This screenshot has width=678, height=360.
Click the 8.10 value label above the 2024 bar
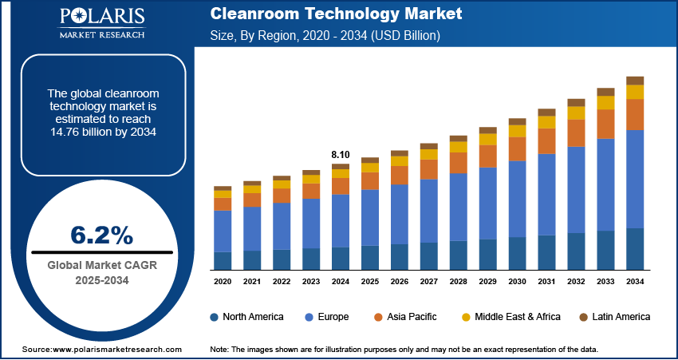click(341, 154)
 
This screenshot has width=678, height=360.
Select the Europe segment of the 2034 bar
click(635, 179)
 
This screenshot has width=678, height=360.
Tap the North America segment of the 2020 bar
click(223, 261)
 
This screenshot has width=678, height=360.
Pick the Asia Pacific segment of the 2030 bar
click(518, 148)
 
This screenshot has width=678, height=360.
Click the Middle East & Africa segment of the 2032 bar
click(576, 113)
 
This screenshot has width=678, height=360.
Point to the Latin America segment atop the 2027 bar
click(429, 146)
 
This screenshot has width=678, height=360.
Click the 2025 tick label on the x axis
click(370, 282)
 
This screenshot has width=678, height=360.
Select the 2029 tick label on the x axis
click(487, 282)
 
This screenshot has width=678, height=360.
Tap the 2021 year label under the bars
click(252, 282)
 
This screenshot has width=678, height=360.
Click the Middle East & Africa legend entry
click(510, 317)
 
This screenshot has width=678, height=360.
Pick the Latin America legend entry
click(611, 317)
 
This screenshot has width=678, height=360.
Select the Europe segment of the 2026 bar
click(400, 214)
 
